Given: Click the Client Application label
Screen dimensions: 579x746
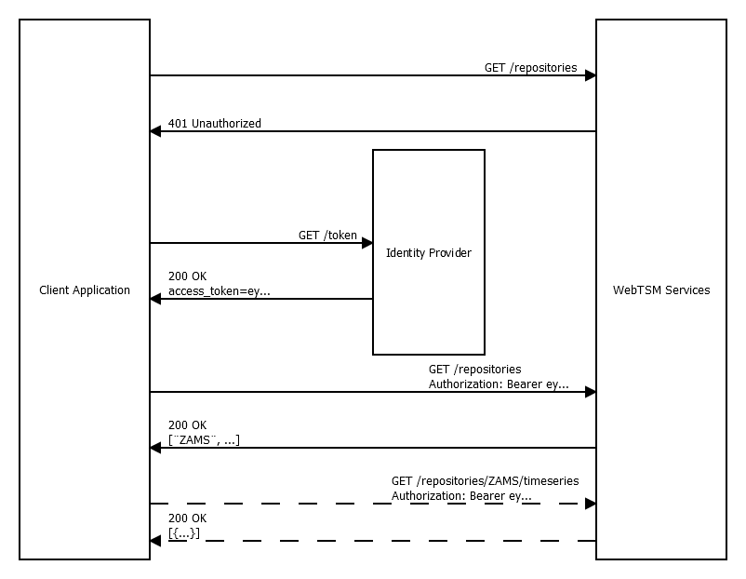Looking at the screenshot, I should pos(85,290).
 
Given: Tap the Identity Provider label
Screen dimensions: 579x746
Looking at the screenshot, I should pos(429,253).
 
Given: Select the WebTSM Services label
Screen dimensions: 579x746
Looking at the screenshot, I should pos(661,290).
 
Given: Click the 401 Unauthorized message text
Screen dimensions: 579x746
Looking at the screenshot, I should pos(215,124).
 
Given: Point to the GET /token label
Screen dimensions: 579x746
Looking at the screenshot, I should pos(327,236).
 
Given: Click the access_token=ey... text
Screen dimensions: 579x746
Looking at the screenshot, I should pos(220,291).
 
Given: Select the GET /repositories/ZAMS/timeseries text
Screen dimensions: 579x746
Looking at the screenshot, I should pos(485,481).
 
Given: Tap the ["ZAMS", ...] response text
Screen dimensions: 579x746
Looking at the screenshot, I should pos(205,440).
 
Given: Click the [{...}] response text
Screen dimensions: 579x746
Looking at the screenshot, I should pos(184,533).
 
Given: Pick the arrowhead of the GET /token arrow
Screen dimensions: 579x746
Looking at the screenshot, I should pos(366,243).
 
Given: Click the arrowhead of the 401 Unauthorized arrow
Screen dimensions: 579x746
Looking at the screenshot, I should pos(155,131).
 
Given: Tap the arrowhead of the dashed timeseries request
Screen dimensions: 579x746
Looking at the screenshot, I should pos(590,504).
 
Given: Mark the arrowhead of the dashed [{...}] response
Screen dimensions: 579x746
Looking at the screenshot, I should pos(155,541).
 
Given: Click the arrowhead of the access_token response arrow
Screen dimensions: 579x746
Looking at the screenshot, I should pos(155,299).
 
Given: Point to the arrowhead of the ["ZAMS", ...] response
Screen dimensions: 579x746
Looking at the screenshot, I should pos(155,448).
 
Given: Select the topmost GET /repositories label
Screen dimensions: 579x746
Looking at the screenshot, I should pos(530,68).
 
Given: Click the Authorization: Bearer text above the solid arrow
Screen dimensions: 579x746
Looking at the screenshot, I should pos(499,384).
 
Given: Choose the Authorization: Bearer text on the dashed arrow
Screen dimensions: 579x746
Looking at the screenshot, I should pos(461,496).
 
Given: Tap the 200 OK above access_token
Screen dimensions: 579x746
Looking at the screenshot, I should pos(188,276).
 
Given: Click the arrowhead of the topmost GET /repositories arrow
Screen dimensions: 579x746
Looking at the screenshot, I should pos(590,75).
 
